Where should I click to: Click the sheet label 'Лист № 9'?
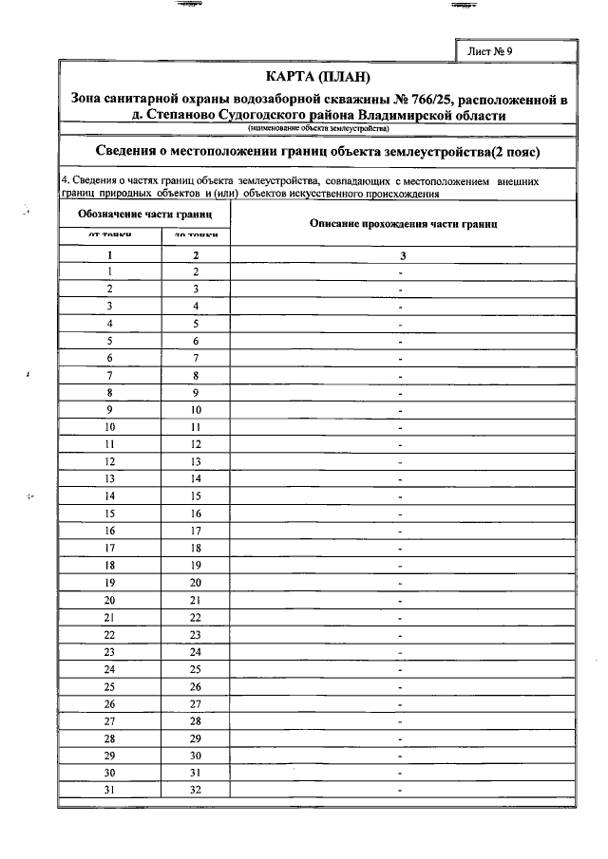490,51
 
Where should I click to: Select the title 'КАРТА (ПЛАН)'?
317,76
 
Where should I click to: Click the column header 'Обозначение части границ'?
144,215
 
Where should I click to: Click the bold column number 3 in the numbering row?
402,255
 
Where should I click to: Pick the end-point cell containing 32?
196,791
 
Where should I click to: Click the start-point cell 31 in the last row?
110,791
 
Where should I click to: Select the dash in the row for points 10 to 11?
402,429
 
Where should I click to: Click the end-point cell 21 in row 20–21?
196,601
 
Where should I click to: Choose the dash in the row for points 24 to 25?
402,670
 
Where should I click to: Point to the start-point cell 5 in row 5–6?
110,341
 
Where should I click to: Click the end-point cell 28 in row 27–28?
196,721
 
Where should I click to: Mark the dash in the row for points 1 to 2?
402,272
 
